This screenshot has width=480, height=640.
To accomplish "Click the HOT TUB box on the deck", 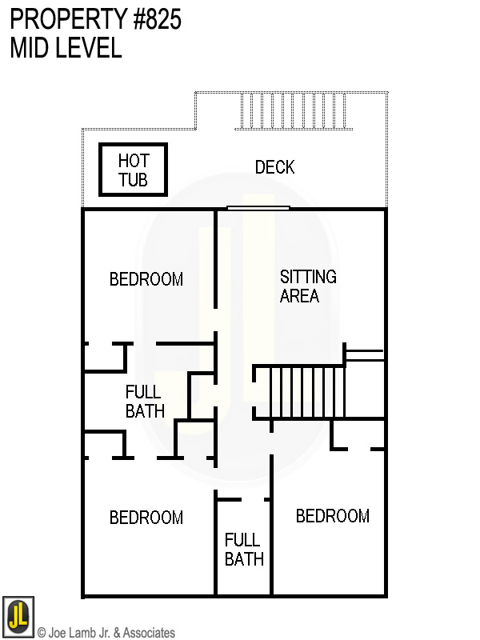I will point(134,170).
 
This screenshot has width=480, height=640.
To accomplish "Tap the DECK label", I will point(274,167).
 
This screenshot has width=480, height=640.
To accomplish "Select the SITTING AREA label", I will point(308,286).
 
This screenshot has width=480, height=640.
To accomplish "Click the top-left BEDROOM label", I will point(146,279).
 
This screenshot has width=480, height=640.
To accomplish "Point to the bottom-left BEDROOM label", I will point(146,518).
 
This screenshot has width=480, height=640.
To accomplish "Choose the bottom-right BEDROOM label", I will point(333,516).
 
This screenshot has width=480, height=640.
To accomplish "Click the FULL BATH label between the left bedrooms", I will point(145,402).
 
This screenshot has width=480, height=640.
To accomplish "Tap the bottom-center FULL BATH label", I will point(244,550).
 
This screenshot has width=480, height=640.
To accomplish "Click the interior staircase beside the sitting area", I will point(300,392).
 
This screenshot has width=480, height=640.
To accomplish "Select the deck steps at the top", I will point(295,111).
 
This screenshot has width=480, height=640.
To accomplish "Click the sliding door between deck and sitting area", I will point(258,208).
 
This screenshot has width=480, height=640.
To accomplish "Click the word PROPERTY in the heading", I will point(61,19).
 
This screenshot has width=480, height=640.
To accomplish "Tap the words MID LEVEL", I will point(66,48).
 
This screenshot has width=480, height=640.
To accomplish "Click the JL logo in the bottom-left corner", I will point(18,616).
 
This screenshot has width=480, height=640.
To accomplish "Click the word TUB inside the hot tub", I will point(134,179).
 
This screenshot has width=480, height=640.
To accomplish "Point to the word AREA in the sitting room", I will point(300,296).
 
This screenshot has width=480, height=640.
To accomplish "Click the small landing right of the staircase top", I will point(364,354).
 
